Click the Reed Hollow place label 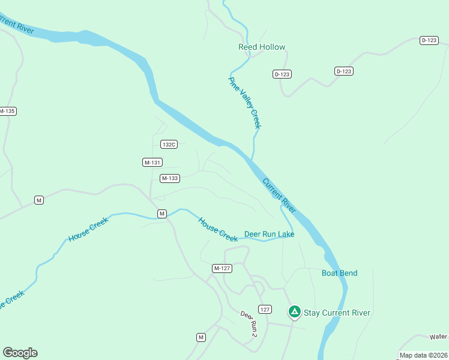click(x=262, y=47)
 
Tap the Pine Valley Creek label click(x=245, y=102)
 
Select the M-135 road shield click(x=7, y=111)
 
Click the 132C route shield click(x=169, y=144)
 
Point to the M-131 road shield click(x=152, y=163)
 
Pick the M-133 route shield click(x=170, y=178)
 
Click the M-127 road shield click(x=222, y=268)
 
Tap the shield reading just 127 click(x=265, y=309)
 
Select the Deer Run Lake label click(x=269, y=234)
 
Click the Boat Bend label click(x=339, y=273)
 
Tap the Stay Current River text click(x=337, y=313)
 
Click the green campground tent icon click(x=294, y=311)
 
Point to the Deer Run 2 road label click(x=249, y=323)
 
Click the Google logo click(x=20, y=353)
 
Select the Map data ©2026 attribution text click(x=424, y=355)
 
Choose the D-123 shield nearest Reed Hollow click(x=282, y=74)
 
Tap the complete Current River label click(x=279, y=196)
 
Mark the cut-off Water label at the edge click(x=439, y=337)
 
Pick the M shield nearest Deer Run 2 click(x=200, y=337)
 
